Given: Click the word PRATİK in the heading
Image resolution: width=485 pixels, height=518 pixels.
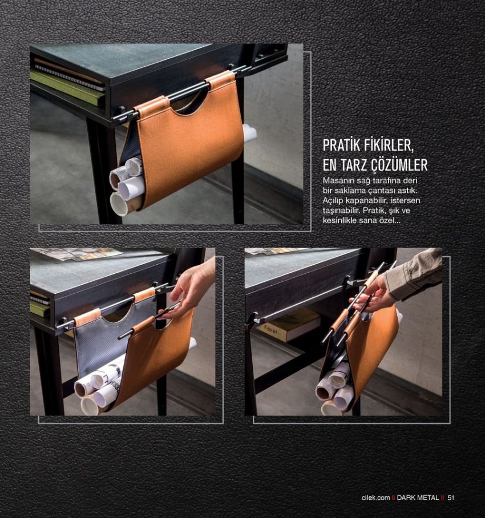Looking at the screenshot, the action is pos(342,145).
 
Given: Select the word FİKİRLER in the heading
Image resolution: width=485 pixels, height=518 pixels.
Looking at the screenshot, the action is pos(389,145).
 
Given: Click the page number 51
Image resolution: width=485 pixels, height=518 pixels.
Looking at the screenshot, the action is pos(451,497).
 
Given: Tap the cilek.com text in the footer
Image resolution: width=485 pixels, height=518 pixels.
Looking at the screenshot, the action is pos(375,497).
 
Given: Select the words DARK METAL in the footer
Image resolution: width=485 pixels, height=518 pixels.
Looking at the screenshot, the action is pos(418,497).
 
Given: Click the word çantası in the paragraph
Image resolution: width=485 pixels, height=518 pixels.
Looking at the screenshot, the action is pos(381,191).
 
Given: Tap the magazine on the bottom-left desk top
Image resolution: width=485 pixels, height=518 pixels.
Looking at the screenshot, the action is pos(76,254).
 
